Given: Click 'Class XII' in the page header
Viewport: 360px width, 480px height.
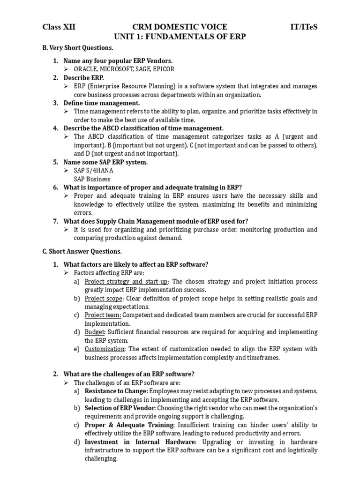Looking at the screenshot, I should [59, 27].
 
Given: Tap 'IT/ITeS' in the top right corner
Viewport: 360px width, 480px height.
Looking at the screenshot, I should [304, 27].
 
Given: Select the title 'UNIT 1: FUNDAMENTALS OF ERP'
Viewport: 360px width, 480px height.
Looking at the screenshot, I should [180, 37].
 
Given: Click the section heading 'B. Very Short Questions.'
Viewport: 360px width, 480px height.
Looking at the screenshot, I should [78, 48].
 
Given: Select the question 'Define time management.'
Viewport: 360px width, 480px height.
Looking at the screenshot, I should [102, 103].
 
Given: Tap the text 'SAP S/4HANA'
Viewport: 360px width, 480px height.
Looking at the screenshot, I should [93, 171].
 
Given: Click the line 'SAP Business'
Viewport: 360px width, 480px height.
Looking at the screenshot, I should [92, 179].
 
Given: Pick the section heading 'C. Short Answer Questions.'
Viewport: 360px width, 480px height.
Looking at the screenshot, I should [82, 251].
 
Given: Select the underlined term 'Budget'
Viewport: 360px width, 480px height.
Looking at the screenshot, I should [95, 332].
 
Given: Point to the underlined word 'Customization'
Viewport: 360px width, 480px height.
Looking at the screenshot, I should [105, 349].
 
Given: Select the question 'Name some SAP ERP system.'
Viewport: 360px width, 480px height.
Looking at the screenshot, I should [105, 162].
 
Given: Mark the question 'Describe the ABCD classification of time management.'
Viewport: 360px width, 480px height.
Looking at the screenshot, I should [143, 128].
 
